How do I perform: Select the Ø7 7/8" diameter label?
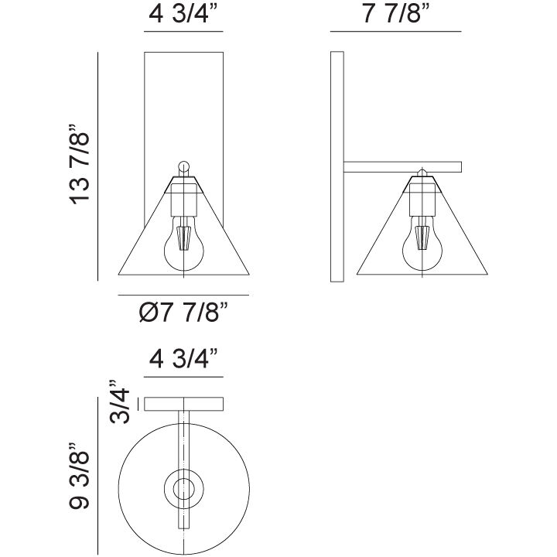tap(183, 314)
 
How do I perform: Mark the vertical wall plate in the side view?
tap(337, 166)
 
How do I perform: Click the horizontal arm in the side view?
tap(402, 166)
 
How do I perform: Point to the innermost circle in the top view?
tap(183, 488)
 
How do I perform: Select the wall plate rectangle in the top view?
tap(183, 403)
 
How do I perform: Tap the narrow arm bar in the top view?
tap(183, 433)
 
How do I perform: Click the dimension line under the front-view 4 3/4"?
tap(183, 32)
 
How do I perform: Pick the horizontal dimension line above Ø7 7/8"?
tap(183, 295)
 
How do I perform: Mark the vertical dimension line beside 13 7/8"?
tap(97, 166)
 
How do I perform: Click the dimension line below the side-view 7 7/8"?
tap(395, 32)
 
